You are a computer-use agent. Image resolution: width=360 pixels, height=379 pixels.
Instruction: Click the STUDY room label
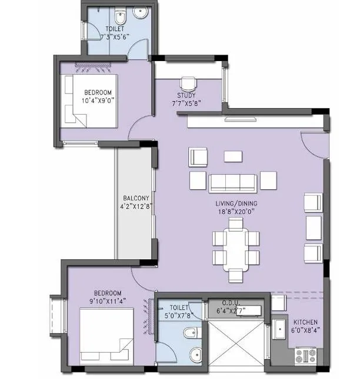point(186,96)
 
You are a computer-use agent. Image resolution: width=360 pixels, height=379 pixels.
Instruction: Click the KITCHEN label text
point(305,323)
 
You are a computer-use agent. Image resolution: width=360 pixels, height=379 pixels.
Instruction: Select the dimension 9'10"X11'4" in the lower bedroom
point(106,301)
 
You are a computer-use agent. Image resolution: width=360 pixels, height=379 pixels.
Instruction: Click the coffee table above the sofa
point(233,156)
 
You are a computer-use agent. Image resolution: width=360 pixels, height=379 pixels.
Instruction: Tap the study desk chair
point(188,83)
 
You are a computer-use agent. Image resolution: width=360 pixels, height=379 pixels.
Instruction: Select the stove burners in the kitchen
point(305,354)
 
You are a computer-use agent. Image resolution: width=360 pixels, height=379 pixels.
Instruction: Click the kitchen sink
point(279,331)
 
